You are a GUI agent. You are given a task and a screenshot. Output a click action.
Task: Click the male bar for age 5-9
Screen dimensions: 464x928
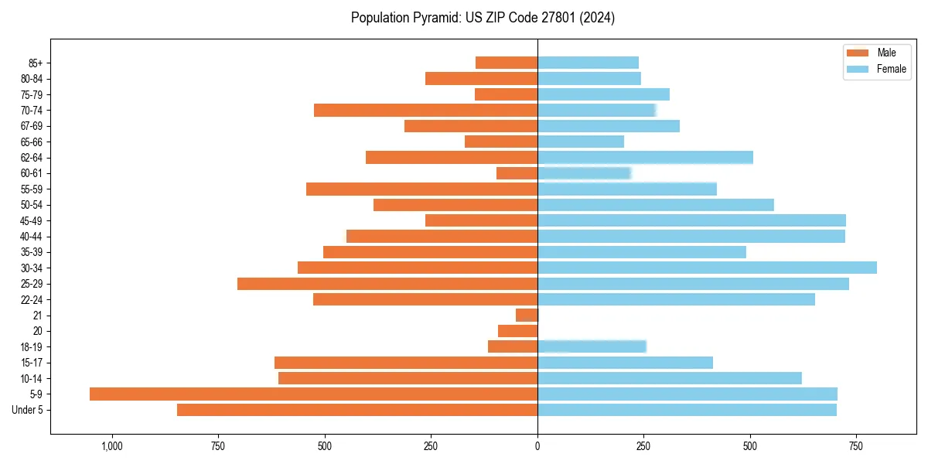tap(313, 394)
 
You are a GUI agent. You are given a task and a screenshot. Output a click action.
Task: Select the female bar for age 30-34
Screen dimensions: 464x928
tap(707, 268)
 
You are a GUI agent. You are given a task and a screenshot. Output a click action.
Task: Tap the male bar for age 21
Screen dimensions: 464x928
tap(527, 316)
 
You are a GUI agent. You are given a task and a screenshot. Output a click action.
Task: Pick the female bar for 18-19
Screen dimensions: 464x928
tap(592, 346)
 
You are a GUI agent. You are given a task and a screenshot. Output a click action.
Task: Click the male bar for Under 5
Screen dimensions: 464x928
tap(357, 410)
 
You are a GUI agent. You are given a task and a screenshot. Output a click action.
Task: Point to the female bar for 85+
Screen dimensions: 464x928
tap(588, 63)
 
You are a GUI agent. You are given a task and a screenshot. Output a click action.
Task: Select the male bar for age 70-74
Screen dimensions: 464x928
tap(425, 110)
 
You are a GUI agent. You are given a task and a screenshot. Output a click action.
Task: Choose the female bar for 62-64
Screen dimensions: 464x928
tap(645, 158)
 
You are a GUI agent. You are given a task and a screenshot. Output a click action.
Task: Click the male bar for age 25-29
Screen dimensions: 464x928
tap(387, 284)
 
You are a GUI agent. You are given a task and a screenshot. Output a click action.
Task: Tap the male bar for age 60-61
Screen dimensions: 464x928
tap(517, 173)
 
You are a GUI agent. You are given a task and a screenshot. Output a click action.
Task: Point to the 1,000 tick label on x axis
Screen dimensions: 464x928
tap(112, 446)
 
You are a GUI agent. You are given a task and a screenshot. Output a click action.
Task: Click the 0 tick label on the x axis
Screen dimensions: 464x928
tap(537, 446)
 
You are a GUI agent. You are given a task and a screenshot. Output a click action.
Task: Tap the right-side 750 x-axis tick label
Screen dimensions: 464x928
tap(855, 446)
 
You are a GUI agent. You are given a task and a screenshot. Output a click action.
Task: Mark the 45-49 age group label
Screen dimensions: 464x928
tap(32, 220)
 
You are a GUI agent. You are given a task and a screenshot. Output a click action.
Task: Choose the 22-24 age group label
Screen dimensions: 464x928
tap(32, 299)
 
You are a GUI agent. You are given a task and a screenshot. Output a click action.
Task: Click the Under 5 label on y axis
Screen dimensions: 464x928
tap(28, 410)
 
